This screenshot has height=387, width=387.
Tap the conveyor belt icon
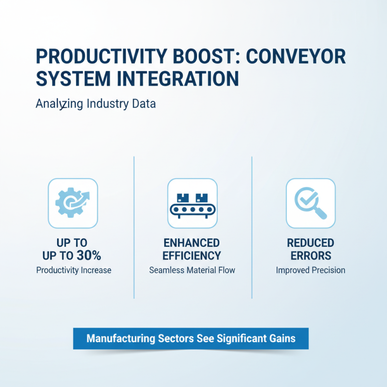point(192,203)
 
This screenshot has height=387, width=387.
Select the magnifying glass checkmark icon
point(311,203)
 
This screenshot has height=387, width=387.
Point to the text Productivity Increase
point(74,270)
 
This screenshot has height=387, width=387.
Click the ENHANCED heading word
point(192,242)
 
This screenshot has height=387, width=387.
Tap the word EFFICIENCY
point(192,256)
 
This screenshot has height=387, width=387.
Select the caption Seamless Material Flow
point(192,270)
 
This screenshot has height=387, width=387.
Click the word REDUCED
point(311,242)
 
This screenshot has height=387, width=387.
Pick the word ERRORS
point(311,256)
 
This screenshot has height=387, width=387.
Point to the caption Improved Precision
point(311,270)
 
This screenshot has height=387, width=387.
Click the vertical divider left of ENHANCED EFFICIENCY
point(134,227)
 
